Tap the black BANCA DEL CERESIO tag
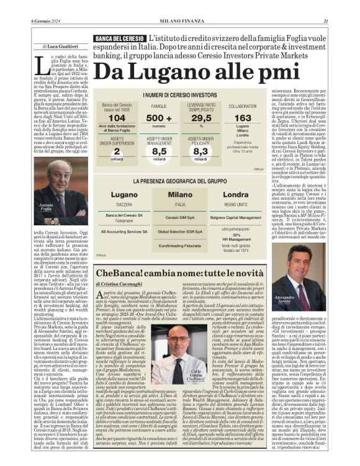[120, 39]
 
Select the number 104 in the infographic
[116, 118]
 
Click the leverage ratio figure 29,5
[200, 118]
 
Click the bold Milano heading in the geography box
[180, 194]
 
